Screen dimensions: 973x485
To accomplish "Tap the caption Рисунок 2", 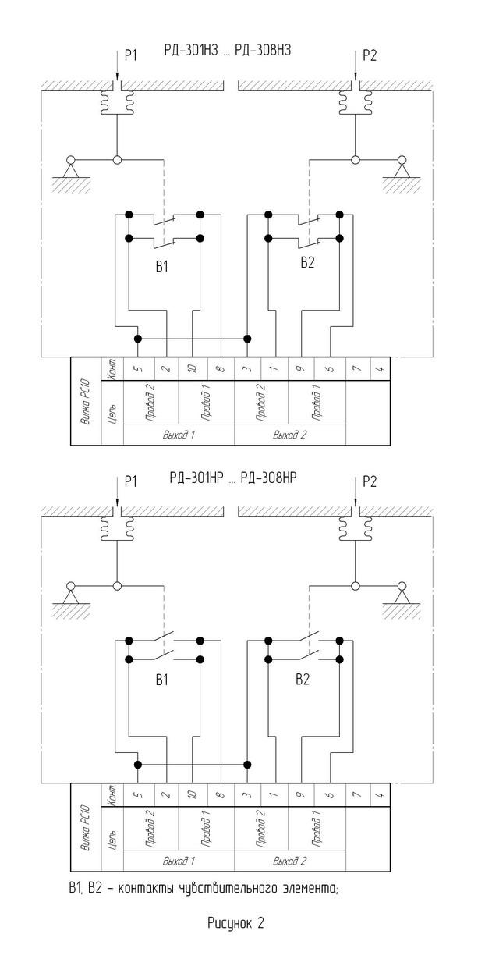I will click(235, 923).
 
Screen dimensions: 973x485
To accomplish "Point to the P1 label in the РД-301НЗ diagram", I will click(129, 56).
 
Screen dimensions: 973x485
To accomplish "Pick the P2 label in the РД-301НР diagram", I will click(369, 481).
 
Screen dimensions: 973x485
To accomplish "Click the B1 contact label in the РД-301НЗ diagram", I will click(161, 266).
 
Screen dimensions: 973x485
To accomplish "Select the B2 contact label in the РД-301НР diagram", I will click(303, 680).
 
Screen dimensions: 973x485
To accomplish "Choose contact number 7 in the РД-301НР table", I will click(356, 795).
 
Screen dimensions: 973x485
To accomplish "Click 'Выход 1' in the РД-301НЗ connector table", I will click(179, 435).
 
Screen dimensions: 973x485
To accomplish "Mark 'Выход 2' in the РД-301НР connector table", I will click(289, 861).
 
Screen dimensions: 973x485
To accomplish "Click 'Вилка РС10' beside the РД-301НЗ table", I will click(85, 403).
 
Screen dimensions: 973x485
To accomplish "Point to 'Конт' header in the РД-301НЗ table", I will click(112, 368).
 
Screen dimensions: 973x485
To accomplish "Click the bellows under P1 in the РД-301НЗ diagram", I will click(115, 99).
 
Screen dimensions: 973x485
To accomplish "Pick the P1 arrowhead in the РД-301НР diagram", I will click(115, 502).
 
